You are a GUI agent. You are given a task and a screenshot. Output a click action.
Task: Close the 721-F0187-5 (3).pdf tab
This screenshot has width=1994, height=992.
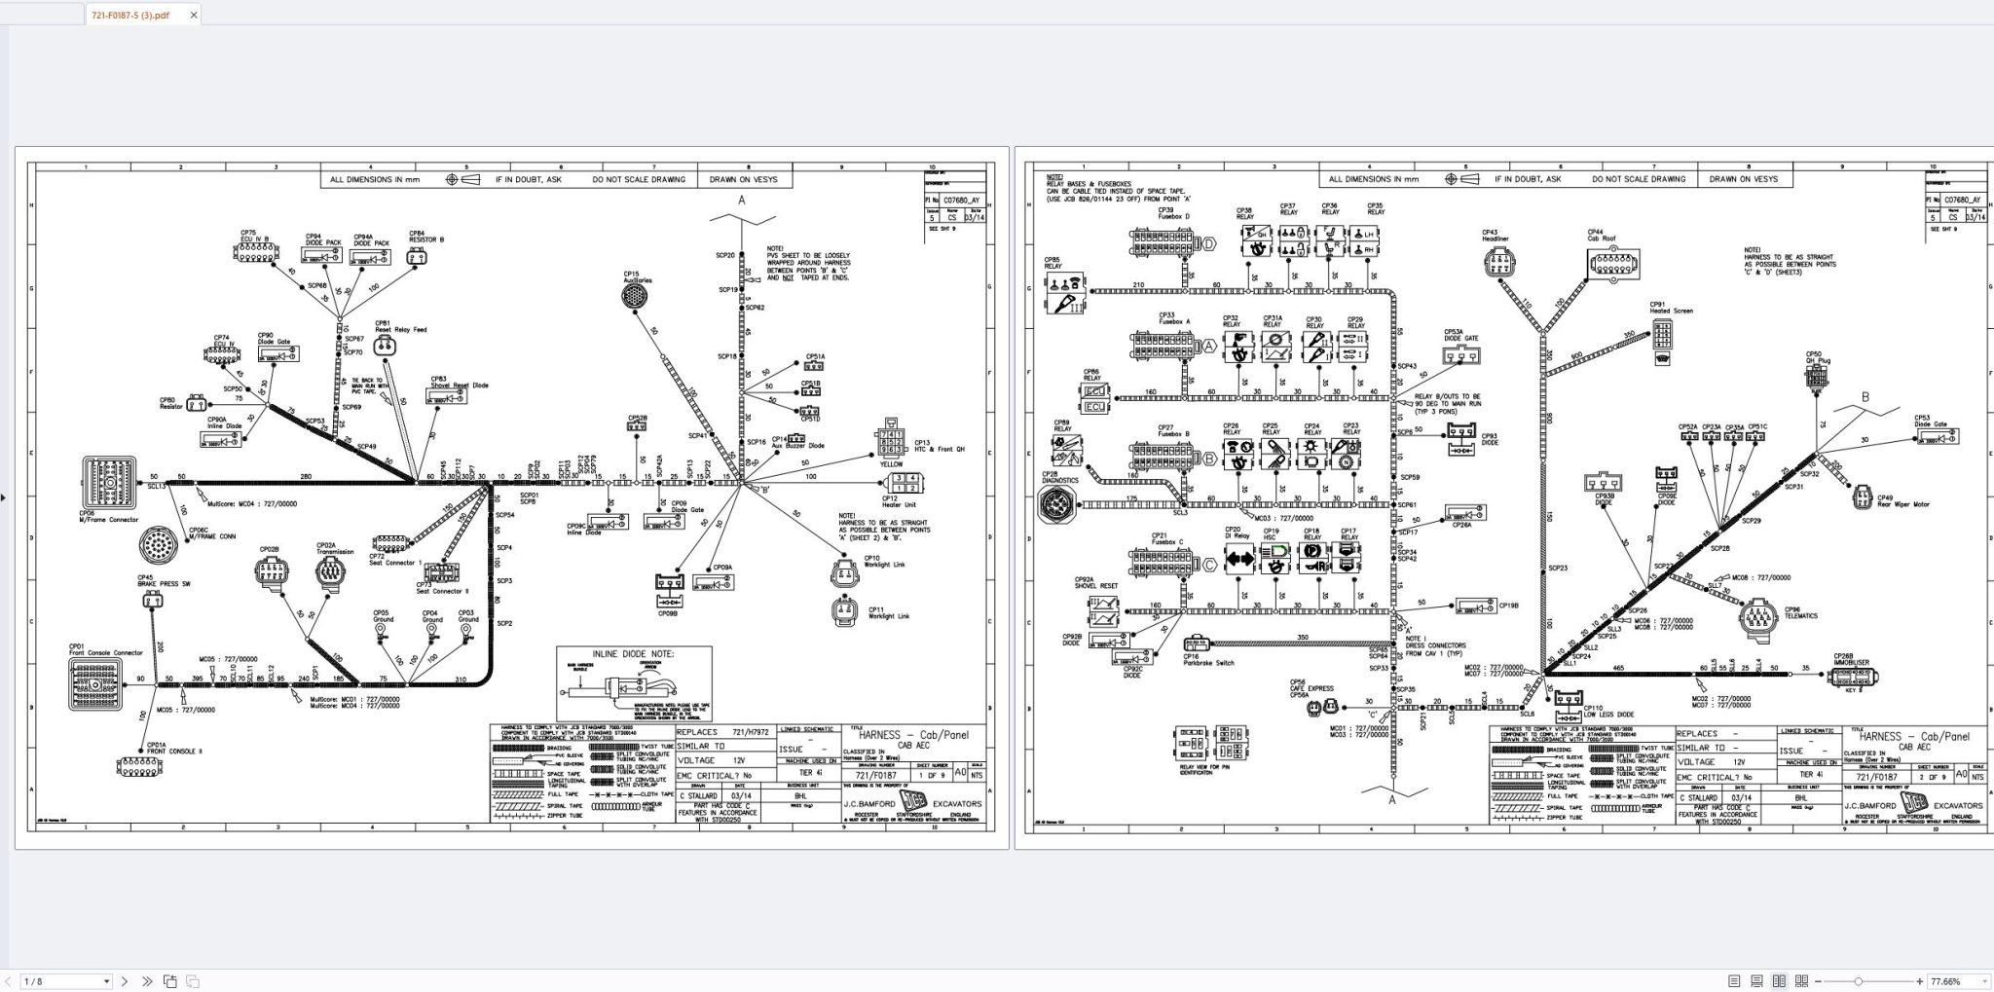194,15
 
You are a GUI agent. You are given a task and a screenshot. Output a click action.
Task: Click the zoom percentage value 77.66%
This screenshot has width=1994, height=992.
1945,981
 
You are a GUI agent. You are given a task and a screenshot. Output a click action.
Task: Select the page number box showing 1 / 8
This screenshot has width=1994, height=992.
64,981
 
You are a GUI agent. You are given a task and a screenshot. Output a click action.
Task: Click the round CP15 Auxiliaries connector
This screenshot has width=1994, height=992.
637,298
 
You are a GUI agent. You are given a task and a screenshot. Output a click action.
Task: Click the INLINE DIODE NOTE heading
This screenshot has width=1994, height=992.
634,654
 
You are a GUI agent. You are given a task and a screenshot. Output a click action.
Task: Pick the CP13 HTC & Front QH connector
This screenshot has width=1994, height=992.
893,439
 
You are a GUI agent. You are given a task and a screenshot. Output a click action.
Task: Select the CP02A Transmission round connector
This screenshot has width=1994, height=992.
330,571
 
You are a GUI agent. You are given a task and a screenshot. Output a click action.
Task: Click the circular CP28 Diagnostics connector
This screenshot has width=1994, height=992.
1058,505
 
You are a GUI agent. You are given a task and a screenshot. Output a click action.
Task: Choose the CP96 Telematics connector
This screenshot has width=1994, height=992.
1763,615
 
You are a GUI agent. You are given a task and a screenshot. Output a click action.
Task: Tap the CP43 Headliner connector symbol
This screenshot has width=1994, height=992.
1499,262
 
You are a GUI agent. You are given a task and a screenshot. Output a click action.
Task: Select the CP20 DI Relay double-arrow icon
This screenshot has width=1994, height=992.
1239,560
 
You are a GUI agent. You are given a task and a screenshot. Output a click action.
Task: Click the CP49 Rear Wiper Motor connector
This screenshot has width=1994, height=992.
1862,496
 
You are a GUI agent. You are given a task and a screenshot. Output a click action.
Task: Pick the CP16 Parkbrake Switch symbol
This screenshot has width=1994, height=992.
1196,643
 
